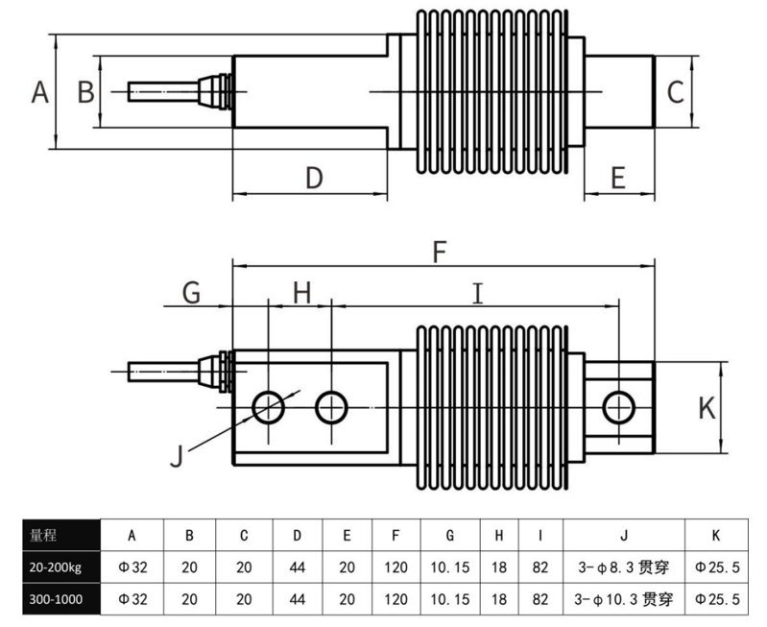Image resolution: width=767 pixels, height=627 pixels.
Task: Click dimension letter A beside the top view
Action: [39, 92]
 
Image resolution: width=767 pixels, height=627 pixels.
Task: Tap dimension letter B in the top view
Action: [85, 92]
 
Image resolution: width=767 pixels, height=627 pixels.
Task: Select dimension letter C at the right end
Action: [675, 92]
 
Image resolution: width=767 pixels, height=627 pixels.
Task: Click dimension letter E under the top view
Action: [617, 178]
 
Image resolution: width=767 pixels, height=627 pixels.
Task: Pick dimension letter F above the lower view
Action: [440, 252]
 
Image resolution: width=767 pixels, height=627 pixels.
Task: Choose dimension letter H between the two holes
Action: [302, 292]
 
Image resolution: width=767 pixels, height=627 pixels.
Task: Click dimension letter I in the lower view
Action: [477, 292]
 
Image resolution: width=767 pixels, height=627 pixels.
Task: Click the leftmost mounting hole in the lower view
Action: [268, 407]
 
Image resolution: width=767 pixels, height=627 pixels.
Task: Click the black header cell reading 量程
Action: [60, 535]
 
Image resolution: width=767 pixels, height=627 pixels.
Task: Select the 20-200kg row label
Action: [60, 567]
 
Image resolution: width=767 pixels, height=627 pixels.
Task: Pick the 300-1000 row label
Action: [60, 599]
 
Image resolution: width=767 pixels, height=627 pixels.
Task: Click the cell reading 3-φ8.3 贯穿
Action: [623, 567]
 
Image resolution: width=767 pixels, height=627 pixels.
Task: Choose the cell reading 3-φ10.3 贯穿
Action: [623, 599]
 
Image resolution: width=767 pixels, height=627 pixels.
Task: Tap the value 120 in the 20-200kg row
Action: [396, 567]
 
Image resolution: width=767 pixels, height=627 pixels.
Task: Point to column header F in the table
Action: [396, 535]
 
